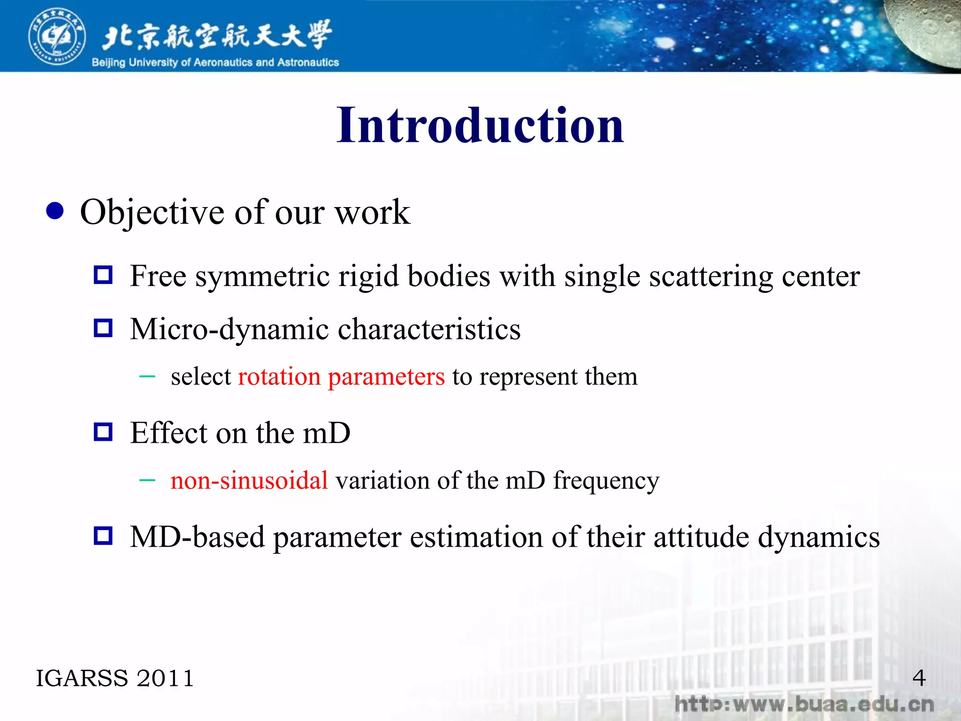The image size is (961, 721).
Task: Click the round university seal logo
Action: click(x=57, y=36)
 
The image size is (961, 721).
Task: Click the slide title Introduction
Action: click(x=480, y=125)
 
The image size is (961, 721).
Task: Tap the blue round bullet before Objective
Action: click(x=55, y=211)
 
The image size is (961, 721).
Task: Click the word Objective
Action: click(x=153, y=213)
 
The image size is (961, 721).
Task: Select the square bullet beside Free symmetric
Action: click(x=103, y=275)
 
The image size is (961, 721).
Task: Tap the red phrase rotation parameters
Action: click(x=341, y=376)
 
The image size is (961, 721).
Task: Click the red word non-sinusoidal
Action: click(x=249, y=481)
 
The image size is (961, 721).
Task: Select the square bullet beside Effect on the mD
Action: click(x=103, y=432)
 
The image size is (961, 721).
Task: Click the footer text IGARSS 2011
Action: click(x=115, y=678)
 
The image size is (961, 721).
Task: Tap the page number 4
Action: click(x=919, y=678)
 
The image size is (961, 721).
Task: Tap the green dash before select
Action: click(x=147, y=376)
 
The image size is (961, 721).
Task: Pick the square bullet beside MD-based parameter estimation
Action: click(x=103, y=536)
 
